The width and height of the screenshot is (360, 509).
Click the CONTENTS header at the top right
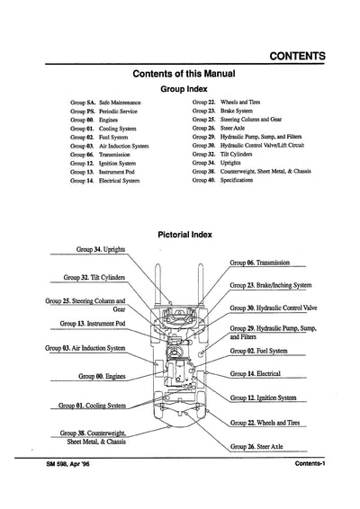click(297, 56)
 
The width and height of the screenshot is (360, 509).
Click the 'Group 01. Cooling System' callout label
click(94, 406)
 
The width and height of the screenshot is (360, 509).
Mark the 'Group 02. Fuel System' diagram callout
click(261, 351)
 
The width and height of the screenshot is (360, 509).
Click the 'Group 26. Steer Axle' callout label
click(260, 446)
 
